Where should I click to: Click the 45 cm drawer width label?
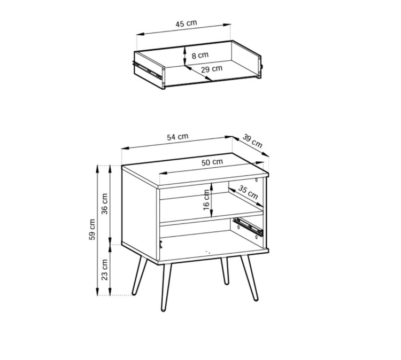point(186,24)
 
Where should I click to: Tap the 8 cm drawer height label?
point(200,55)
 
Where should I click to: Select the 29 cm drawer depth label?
point(212,69)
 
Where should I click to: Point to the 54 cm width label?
point(178,137)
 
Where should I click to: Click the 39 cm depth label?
point(252,141)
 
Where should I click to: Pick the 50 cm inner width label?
point(212,162)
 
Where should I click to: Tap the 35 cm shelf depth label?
point(248,192)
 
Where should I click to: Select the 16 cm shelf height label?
point(206,200)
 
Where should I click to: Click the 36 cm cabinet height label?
point(105,204)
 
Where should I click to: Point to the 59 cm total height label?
point(92,230)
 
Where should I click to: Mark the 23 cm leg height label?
point(105,270)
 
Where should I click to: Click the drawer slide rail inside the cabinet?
point(248,226)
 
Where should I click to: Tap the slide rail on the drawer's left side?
point(148,69)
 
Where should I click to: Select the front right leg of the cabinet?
point(249,277)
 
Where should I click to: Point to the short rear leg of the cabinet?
point(225,271)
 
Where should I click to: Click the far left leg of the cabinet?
point(140,276)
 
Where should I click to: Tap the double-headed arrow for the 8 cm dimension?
point(184,56)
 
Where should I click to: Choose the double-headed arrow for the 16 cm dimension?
point(212,200)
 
